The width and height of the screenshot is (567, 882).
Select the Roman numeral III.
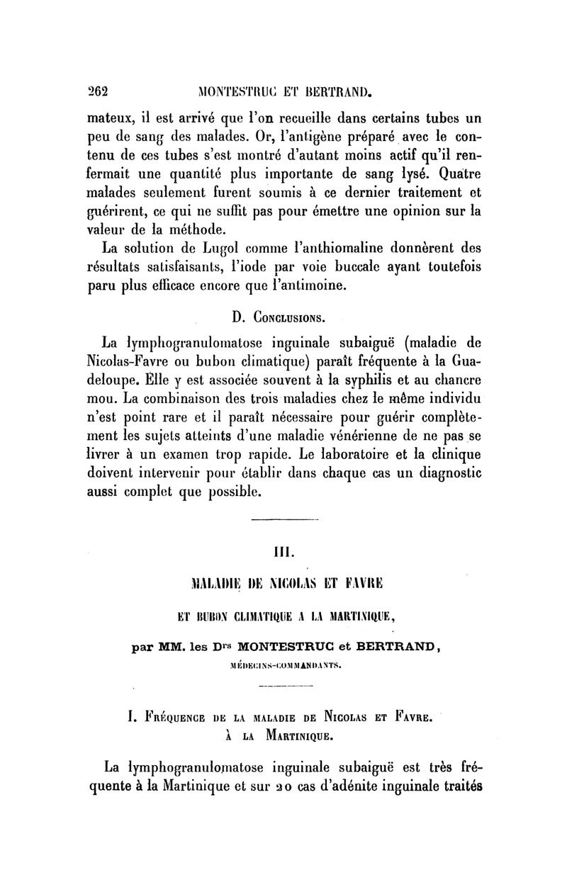[x=283, y=550]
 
